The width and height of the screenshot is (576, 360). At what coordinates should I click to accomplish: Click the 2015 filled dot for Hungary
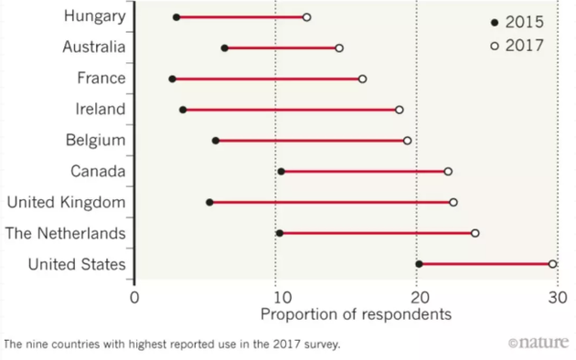pyautogui.click(x=176, y=17)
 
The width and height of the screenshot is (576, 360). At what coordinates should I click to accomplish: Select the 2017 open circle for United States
pyautogui.click(x=552, y=264)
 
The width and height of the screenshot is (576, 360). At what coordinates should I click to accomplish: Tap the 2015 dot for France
pyautogui.click(x=172, y=79)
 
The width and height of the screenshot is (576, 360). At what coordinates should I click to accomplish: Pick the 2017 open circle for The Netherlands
pyautogui.click(x=475, y=233)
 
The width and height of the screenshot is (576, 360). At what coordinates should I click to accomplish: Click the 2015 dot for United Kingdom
pyautogui.click(x=209, y=202)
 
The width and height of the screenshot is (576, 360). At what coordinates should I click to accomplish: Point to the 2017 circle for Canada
pyautogui.click(x=448, y=172)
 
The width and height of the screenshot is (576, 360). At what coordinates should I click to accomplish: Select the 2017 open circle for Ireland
pyautogui.click(x=399, y=110)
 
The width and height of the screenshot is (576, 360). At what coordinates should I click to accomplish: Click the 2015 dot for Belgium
pyautogui.click(x=216, y=141)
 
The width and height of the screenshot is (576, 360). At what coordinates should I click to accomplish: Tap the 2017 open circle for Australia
pyautogui.click(x=339, y=48)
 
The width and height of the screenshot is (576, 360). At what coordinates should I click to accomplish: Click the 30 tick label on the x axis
pyautogui.click(x=559, y=296)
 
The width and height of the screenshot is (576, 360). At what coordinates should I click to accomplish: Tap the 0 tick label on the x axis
pyautogui.click(x=134, y=296)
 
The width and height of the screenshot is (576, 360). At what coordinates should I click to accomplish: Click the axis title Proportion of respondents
pyautogui.click(x=356, y=315)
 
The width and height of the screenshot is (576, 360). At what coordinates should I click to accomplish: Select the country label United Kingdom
pyautogui.click(x=66, y=202)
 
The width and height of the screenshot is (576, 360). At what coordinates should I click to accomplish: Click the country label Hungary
pyautogui.click(x=95, y=16)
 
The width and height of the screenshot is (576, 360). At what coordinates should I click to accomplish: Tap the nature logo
pyautogui.click(x=539, y=344)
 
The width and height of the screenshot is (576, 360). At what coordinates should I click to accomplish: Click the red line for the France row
pyautogui.click(x=265, y=79)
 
